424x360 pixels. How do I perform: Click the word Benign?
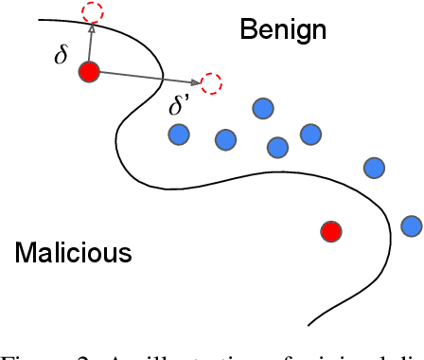tap(283, 29)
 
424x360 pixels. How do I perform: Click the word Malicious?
tap(73, 254)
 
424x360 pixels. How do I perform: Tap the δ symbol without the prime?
tap(62, 55)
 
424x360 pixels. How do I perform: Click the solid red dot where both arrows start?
tap(89, 72)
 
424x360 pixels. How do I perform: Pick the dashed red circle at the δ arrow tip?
tap(93, 12)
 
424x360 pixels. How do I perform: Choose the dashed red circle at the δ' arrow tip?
tap(212, 83)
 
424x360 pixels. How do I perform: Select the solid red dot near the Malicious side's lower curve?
tap(330, 231)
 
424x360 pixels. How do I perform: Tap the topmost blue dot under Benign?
tap(263, 109)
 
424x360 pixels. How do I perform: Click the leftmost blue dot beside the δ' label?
tap(179, 135)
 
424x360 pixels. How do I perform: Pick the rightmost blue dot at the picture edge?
tap(412, 225)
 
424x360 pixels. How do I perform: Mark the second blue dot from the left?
tap(225, 140)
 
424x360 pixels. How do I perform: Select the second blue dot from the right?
tap(375, 168)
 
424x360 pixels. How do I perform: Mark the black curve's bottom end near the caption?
tap(309, 322)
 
